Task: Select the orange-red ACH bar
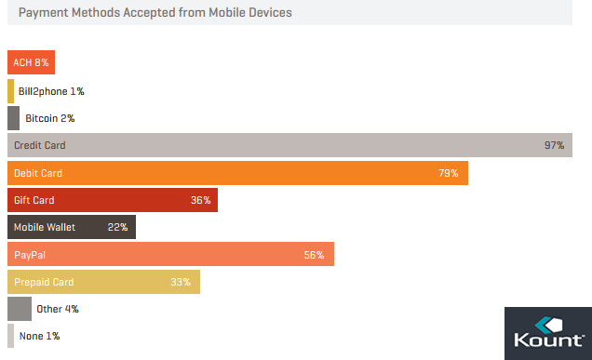(31, 63)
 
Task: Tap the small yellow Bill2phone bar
(10, 91)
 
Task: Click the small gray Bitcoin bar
(13, 118)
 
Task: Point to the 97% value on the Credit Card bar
(554, 146)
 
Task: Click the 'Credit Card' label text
(40, 146)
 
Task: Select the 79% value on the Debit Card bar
(448, 173)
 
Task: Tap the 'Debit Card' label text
(38, 173)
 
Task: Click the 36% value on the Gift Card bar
(200, 200)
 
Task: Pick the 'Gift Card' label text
(34, 200)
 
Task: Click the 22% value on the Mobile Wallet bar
(117, 227)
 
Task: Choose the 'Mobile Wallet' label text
(45, 227)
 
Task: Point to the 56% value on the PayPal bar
(314, 255)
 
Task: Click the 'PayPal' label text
(29, 255)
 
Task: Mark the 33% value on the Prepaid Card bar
(181, 282)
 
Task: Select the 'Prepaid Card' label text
(44, 282)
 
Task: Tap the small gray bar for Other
(19, 309)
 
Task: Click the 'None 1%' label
(40, 336)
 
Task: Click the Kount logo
(547, 333)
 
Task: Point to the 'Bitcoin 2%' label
(49, 118)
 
